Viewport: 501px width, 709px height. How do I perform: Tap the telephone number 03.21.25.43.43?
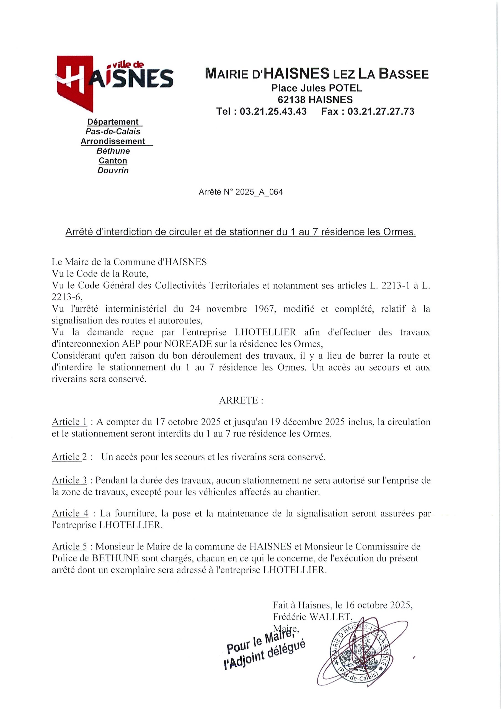273,111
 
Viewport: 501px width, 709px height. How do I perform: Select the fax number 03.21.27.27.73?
381,111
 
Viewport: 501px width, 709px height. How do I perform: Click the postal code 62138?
292,99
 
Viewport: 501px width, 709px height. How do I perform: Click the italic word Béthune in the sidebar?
113,151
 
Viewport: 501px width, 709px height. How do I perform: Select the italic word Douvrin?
113,170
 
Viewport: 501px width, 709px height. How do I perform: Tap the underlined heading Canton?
113,161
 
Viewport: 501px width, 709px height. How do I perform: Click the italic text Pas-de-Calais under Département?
113,132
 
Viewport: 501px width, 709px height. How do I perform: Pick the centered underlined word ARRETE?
238,400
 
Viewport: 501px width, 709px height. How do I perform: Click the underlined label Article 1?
69,422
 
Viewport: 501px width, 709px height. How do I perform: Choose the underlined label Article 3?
69,480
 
